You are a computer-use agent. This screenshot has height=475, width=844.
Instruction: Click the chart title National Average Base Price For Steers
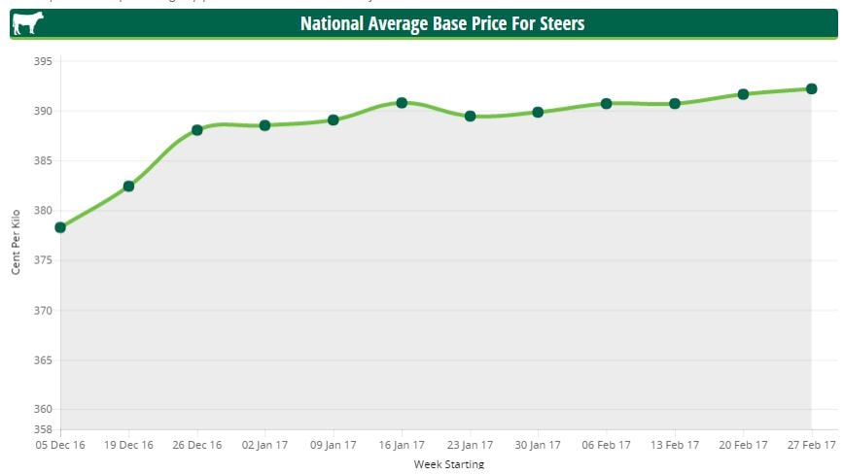[442, 22]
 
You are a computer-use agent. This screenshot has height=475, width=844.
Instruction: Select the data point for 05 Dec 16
[60, 227]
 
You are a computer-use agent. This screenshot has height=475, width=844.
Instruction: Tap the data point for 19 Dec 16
[128, 186]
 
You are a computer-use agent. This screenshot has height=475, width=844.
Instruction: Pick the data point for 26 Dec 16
[197, 130]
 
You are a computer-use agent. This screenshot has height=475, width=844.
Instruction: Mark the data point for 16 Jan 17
[402, 102]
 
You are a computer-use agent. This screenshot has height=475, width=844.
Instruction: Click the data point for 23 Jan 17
[470, 116]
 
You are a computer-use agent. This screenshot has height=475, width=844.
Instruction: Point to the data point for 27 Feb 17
[811, 88]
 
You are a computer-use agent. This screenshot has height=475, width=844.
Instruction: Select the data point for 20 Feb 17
[743, 94]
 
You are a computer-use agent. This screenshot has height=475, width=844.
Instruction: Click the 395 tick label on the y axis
[43, 61]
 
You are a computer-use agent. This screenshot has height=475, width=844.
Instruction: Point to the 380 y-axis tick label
[43, 211]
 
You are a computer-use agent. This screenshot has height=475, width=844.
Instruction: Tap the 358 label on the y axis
[43, 428]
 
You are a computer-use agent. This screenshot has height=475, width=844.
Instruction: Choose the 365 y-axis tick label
[43, 360]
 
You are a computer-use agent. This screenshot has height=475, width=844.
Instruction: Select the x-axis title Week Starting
[448, 464]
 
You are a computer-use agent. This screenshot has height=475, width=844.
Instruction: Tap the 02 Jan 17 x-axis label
[264, 445]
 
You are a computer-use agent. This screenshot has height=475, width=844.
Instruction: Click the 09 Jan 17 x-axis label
[334, 445]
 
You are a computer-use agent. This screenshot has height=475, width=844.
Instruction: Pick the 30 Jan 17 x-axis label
[538, 445]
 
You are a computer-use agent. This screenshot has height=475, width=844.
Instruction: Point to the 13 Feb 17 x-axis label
[675, 445]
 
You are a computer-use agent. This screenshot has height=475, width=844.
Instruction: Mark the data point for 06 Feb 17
[606, 103]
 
